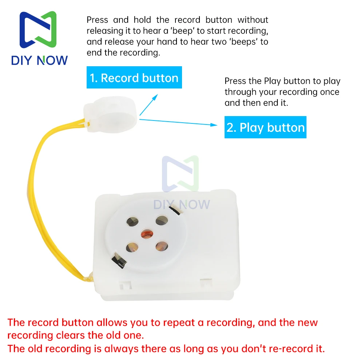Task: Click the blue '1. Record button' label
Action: pyautogui.click(x=134, y=78)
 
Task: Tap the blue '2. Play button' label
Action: pyautogui.click(x=266, y=127)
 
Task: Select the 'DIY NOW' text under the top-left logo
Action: pyautogui.click(x=39, y=60)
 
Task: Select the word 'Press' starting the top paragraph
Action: pyautogui.click(x=97, y=20)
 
